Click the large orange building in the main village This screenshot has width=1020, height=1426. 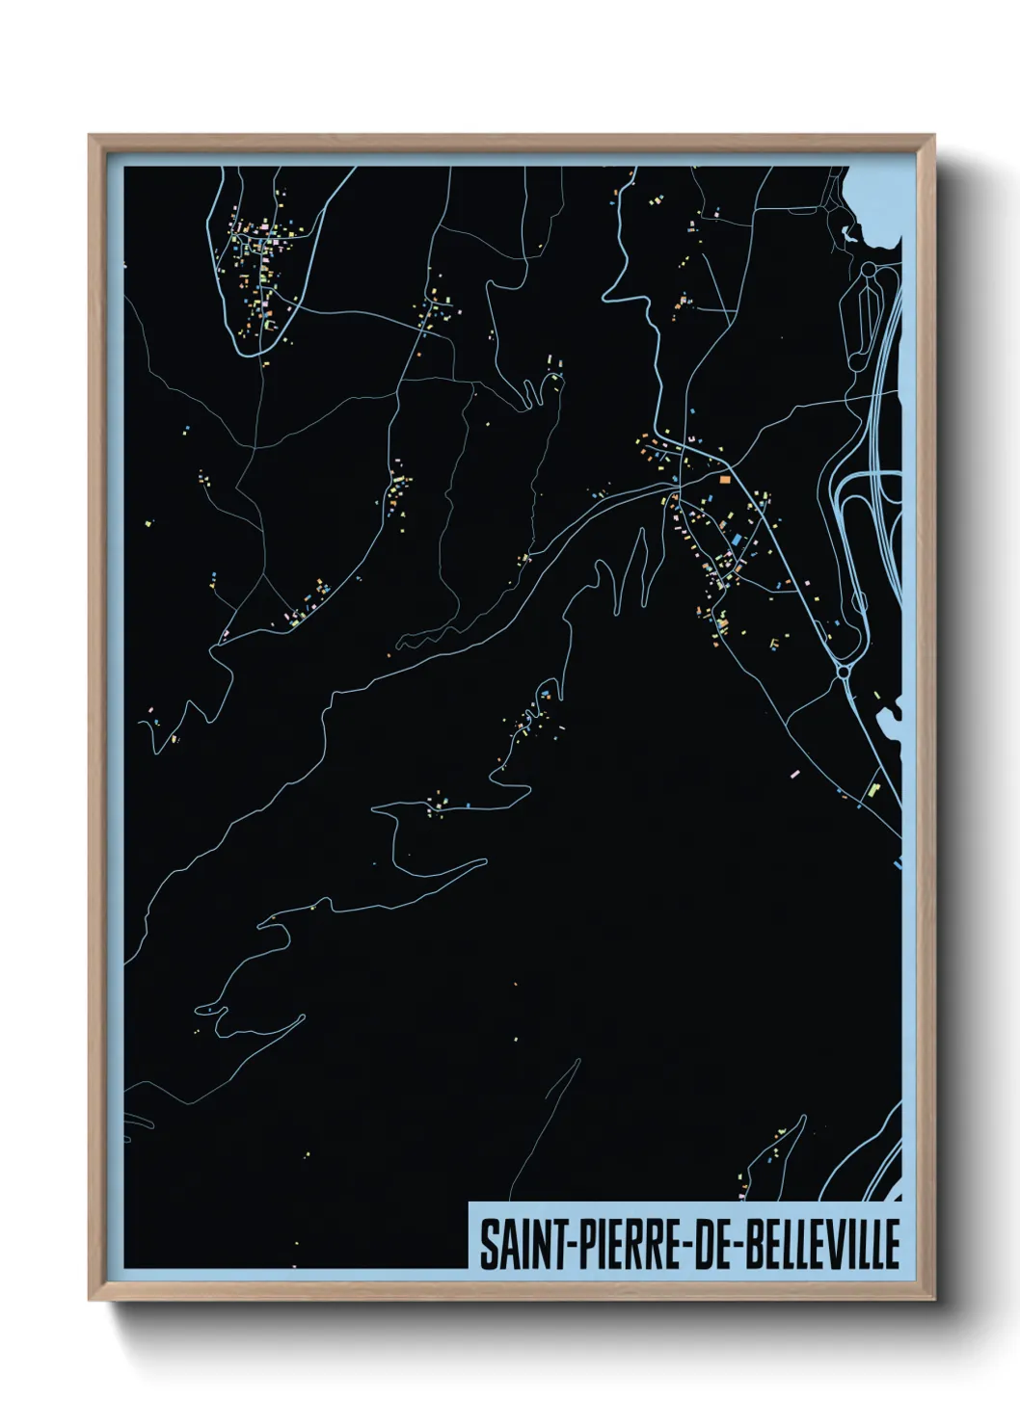pyautogui.click(x=724, y=476)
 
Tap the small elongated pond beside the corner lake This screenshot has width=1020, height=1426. pyautogui.click(x=847, y=233)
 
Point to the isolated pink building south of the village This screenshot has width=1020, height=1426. pyautogui.click(x=793, y=774)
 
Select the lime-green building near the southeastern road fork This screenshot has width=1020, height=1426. pyautogui.click(x=874, y=789)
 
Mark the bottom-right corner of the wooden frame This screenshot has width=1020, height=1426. pyautogui.click(x=933, y=1299)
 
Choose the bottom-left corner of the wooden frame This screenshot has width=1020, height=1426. pyautogui.click(x=91, y=1299)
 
